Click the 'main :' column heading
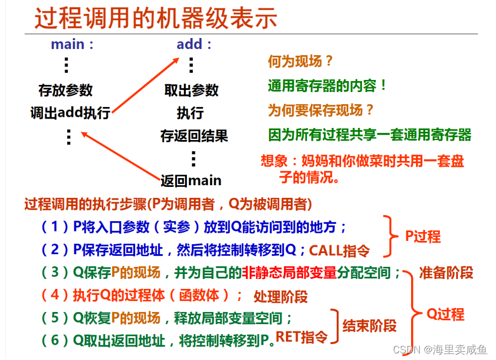[x=72, y=45]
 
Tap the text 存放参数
[x=66, y=90]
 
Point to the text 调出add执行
[x=70, y=113]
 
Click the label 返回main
[x=191, y=180]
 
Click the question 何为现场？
[x=301, y=62]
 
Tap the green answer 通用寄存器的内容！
[x=328, y=85]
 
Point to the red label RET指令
[x=301, y=336]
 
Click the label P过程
[x=423, y=237]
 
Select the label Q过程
[x=445, y=314]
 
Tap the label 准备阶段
[x=446, y=272]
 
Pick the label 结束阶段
[x=369, y=325]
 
